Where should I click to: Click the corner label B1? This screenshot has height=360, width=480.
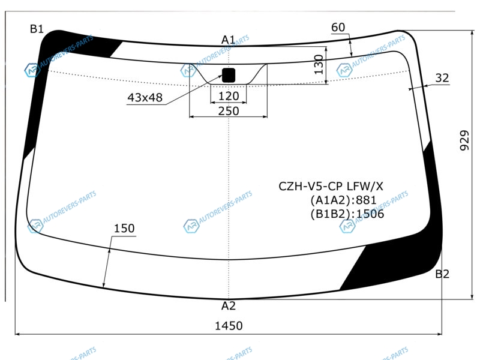click(x=37, y=29)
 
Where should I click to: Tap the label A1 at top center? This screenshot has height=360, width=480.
click(x=228, y=40)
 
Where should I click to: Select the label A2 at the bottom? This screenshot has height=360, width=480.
click(x=229, y=305)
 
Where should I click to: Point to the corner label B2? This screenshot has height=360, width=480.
click(x=442, y=274)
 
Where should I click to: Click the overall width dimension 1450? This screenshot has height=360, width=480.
click(x=229, y=326)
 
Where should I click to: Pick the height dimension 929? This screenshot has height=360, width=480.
click(x=464, y=140)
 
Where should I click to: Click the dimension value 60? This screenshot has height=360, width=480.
click(x=338, y=28)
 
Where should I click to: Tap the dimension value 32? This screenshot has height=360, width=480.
click(x=442, y=78)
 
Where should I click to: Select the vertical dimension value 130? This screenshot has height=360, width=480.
click(x=319, y=65)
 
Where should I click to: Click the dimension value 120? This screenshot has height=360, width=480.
click(x=229, y=96)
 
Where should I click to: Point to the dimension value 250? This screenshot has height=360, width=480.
click(x=229, y=111)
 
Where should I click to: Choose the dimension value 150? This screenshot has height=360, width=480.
click(x=124, y=229)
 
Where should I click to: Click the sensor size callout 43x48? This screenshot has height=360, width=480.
click(x=145, y=98)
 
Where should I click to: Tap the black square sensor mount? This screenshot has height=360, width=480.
click(x=229, y=76)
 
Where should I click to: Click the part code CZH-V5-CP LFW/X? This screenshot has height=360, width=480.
click(x=331, y=186)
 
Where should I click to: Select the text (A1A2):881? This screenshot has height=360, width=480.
click(x=343, y=200)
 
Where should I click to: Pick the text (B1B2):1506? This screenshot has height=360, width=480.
click(x=347, y=214)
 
